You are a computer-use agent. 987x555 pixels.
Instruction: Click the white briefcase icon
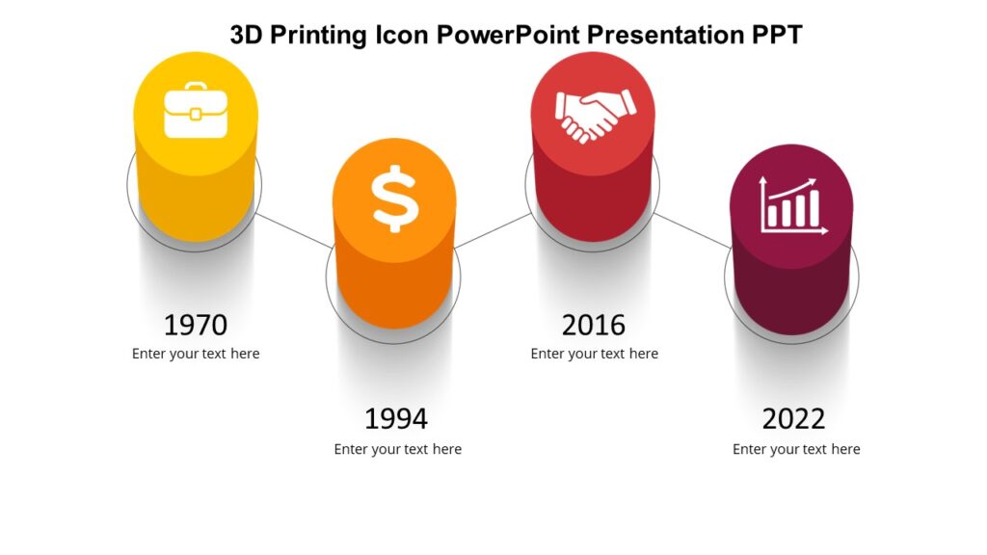196,114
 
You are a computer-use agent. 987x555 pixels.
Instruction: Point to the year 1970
196,325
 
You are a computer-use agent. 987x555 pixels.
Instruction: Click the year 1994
395,419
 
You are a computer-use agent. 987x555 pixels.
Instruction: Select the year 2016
594,325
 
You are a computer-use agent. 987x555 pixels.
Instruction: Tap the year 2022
793,419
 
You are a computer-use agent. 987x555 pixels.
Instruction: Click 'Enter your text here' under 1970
196,354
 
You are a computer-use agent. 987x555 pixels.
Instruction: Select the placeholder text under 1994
397,449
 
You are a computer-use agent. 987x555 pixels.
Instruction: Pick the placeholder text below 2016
594,354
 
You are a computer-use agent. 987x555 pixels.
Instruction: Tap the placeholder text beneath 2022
796,449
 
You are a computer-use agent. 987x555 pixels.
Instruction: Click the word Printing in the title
318,36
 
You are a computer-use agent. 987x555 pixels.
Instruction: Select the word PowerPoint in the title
508,36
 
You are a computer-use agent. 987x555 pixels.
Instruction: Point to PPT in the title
777,36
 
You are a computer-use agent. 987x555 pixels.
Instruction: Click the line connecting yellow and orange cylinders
295,230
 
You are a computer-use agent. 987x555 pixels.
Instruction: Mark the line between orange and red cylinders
493,230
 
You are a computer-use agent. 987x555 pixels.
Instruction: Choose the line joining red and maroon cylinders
692,230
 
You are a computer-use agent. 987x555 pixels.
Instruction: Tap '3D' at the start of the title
247,36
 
